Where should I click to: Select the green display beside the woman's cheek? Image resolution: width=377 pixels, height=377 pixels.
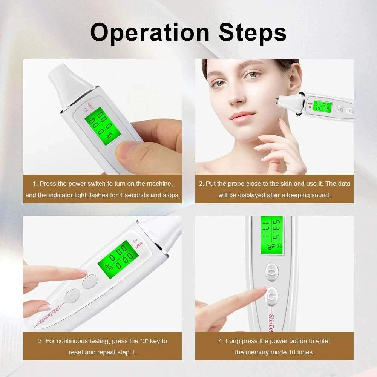pos(322,106)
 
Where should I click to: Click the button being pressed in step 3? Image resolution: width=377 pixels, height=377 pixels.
pos(90,281)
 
